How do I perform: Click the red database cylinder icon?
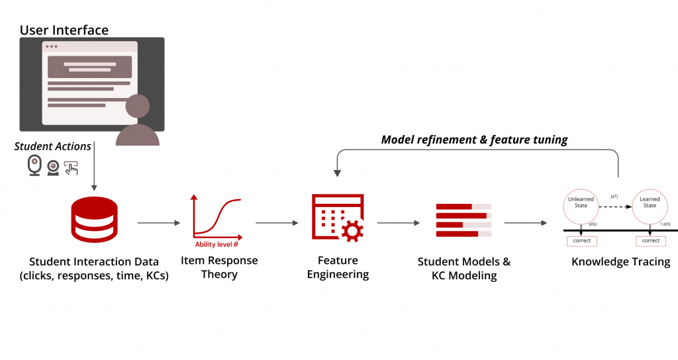93,220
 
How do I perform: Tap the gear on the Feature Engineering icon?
352,230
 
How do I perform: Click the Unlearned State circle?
581,206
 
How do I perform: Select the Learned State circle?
650,206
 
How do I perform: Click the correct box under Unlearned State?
581,241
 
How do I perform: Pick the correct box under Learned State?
650,241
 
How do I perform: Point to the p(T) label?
614,197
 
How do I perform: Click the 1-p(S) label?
665,225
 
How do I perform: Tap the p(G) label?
593,225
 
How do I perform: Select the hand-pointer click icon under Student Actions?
70,167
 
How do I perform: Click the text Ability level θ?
217,244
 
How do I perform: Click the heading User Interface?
64,30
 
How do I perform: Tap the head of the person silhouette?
138,108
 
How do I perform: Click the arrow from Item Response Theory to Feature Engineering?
277,223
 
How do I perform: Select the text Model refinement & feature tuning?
475,140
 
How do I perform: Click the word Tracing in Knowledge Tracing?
649,262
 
